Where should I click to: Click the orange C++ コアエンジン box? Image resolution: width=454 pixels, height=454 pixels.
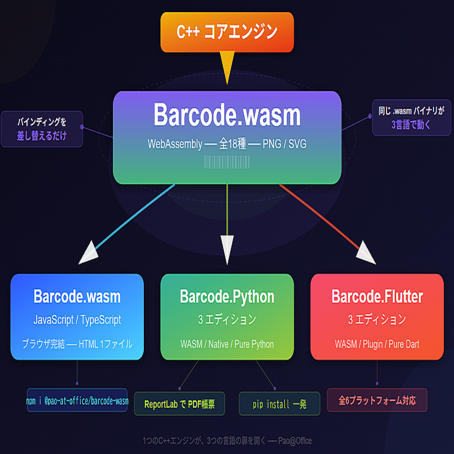point(227,32)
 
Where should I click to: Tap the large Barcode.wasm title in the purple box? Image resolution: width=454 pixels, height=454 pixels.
point(227,115)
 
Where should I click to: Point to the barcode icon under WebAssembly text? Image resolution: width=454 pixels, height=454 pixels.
point(227,163)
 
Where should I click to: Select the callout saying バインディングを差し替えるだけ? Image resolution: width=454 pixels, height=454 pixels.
point(42,129)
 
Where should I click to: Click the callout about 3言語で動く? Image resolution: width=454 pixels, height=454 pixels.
point(411,118)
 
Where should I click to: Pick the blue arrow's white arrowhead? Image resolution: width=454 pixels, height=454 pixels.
point(88,253)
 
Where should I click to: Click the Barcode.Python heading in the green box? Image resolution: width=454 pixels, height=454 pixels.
point(227,297)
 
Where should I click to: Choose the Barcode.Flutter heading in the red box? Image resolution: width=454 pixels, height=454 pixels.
point(377,297)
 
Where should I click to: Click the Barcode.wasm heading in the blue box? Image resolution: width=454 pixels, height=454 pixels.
point(77,297)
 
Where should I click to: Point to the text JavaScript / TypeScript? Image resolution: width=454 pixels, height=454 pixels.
point(77,320)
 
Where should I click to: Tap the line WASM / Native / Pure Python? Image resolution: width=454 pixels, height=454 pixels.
point(227,344)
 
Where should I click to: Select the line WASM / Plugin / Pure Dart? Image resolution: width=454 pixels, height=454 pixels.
point(377,344)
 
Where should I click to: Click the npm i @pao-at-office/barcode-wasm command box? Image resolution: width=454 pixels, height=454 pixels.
point(77,400)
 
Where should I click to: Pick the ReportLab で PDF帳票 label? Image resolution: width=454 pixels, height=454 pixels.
point(179,404)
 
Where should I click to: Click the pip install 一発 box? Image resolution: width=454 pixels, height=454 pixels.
point(279,404)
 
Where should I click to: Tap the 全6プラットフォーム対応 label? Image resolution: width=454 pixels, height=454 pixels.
point(377,400)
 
